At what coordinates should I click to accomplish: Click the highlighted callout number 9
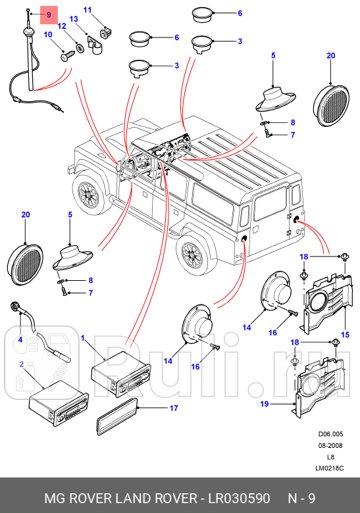[49, 14]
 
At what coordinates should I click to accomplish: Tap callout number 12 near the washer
[62, 26]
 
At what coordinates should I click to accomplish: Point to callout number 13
[74, 19]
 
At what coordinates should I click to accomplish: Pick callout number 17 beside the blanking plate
[174, 408]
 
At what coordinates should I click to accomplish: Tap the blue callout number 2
[22, 364]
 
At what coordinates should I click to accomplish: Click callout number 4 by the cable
[20, 339]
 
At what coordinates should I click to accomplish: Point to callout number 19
[265, 404]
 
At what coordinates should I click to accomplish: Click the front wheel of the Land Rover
[88, 193]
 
